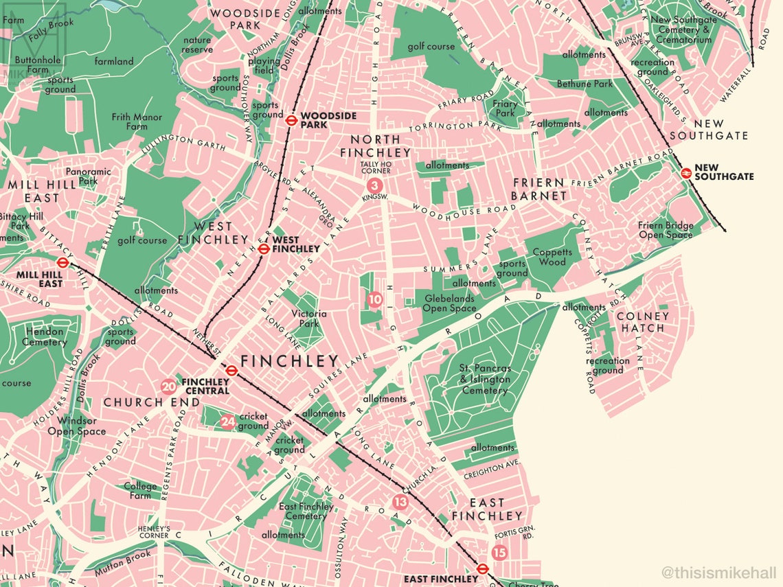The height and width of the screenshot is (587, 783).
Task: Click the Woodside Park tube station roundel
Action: pyautogui.click(x=291, y=119)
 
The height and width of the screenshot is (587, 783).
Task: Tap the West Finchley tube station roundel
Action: pyautogui.click(x=263, y=249)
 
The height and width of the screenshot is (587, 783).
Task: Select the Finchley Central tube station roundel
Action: pyautogui.click(x=232, y=371)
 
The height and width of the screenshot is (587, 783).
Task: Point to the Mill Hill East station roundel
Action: pyautogui.click(x=63, y=262)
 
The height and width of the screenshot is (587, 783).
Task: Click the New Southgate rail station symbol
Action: pyautogui.click(x=685, y=174)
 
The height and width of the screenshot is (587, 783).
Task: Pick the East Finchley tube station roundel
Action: pyautogui.click(x=482, y=568)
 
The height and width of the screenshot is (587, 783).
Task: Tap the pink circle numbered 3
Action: pyautogui.click(x=374, y=185)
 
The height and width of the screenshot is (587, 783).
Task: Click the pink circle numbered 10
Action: pyautogui.click(x=374, y=299)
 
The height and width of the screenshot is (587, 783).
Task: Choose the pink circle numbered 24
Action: pyautogui.click(x=228, y=422)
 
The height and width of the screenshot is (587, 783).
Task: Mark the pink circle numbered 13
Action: pyautogui.click(x=400, y=502)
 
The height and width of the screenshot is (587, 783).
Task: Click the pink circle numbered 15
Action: pyautogui.click(x=499, y=552)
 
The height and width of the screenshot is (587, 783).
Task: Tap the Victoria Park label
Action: pyautogui.click(x=309, y=319)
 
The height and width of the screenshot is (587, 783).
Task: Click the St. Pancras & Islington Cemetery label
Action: pyautogui.click(x=485, y=379)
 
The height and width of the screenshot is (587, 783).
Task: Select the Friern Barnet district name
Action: pyautogui.click(x=539, y=189)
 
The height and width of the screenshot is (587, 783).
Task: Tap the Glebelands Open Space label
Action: pyautogui.click(x=450, y=303)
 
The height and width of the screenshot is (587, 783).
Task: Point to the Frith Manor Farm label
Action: pyautogui.click(x=137, y=122)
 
